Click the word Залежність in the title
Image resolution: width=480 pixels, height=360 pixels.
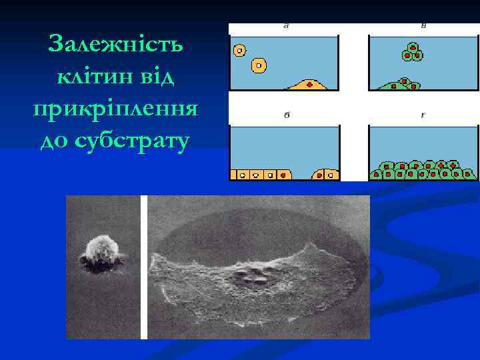click(x=117, y=45)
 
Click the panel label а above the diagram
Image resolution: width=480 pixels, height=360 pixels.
click(x=286, y=27)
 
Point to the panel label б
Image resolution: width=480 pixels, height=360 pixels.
click(x=286, y=115)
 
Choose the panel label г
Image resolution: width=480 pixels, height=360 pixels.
click(x=423, y=115)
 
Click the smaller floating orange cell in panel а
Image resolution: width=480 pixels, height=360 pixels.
click(x=239, y=49)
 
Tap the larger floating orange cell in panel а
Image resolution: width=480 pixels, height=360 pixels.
click(x=259, y=65)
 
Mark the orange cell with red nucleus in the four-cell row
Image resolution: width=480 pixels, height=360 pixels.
click(x=283, y=175)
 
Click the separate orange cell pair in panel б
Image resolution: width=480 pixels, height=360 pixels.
click(x=325, y=174)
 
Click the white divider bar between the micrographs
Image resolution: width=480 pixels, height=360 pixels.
click(x=144, y=267)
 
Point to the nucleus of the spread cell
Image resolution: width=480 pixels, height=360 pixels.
click(x=257, y=273)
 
